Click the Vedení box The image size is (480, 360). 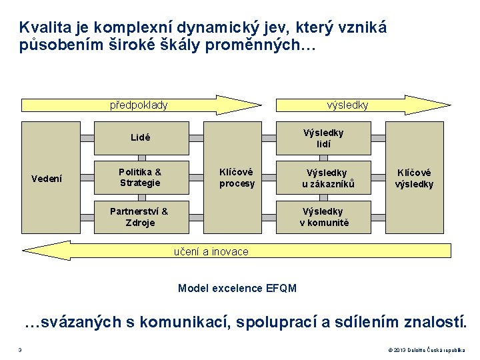[47, 178]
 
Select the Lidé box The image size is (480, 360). [140, 138]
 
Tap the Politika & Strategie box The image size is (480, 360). [140, 177]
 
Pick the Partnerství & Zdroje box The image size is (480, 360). [140, 217]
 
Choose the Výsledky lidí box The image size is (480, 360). [323, 138]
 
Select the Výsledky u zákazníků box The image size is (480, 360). [323, 177]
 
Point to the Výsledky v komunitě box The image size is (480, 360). [323, 217]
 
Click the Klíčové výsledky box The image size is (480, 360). [414, 178]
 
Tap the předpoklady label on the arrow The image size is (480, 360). [139, 105]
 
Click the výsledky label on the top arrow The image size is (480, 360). [347, 105]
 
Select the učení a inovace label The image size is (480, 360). [211, 251]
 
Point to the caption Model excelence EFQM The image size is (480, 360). [237, 288]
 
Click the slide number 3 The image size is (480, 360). [20, 351]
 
